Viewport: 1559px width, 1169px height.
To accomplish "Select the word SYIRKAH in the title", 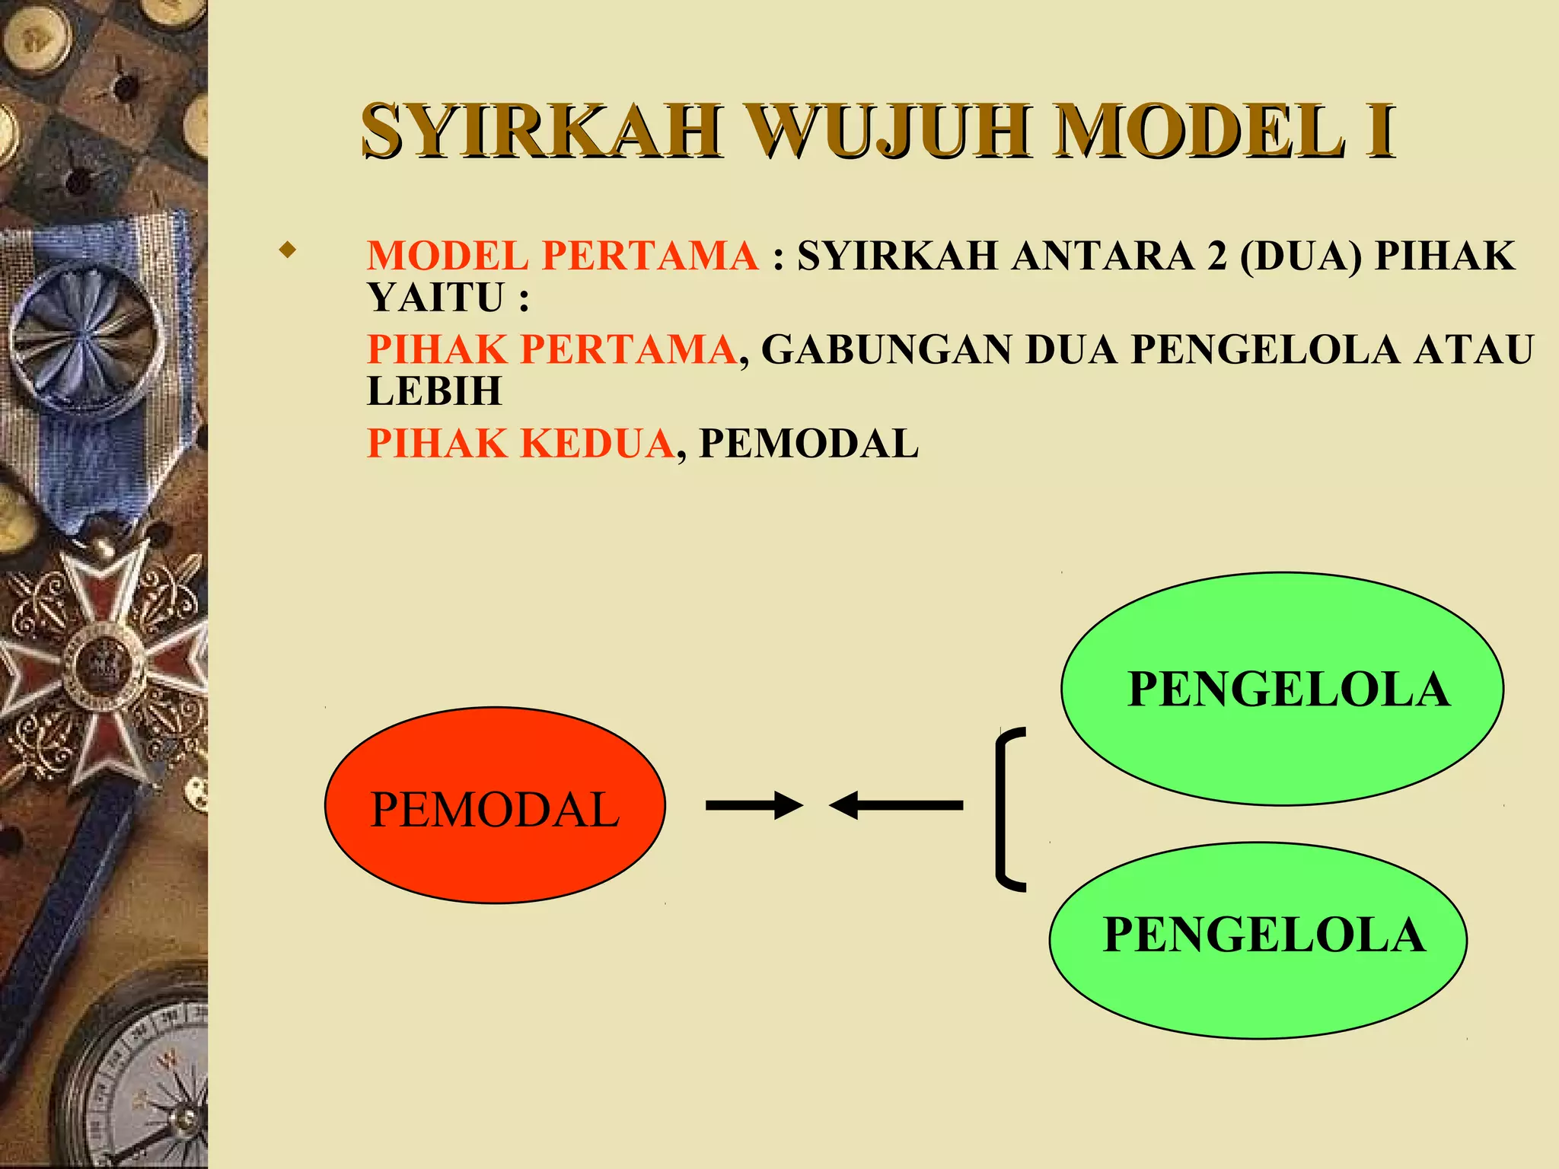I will [x=541, y=131].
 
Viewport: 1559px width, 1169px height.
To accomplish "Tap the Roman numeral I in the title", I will [x=1379, y=131].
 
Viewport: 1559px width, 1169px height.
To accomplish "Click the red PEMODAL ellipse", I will [x=495, y=806].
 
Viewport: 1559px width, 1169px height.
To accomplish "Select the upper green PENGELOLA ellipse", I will [x=1282, y=689].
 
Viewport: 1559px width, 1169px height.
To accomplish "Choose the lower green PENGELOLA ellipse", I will [x=1258, y=940].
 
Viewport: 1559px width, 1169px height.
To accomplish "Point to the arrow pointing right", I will [x=754, y=805].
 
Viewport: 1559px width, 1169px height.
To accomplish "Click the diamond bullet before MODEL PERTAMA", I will [x=287, y=250].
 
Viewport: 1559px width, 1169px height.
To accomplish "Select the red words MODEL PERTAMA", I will [x=563, y=256].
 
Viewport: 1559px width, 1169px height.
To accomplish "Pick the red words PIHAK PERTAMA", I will [x=552, y=350].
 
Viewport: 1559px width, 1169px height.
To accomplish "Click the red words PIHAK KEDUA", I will [x=521, y=444].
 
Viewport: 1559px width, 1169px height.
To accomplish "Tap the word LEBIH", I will [x=435, y=392].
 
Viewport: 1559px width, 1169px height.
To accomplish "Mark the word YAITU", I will [x=435, y=298].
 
